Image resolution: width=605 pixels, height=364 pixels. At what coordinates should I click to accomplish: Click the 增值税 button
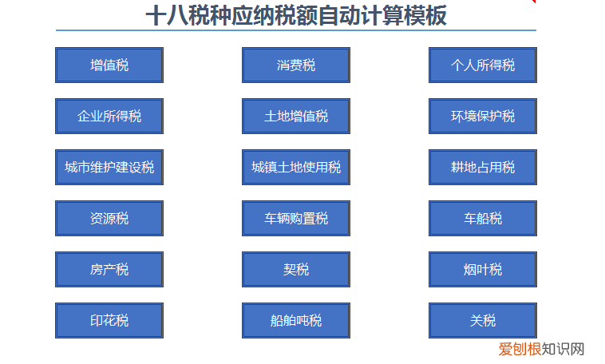(109, 65)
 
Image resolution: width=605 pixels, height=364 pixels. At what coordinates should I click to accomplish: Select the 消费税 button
(296, 65)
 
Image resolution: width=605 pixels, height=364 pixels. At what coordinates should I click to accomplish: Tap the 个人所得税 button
(483, 65)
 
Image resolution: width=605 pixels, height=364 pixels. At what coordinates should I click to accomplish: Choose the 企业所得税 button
(109, 116)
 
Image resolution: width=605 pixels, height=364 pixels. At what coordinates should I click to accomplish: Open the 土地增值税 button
(296, 116)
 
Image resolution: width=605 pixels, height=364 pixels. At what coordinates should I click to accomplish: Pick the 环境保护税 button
(483, 116)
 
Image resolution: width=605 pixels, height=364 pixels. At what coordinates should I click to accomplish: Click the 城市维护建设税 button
(109, 167)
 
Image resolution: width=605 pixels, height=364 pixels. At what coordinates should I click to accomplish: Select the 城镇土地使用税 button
(296, 167)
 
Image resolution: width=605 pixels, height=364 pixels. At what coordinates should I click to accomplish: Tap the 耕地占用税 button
(483, 167)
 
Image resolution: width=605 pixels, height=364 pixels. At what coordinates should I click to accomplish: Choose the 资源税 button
(109, 218)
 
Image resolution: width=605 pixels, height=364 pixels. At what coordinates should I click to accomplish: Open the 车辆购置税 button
(296, 218)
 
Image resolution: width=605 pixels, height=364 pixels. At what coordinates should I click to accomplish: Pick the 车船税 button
(483, 218)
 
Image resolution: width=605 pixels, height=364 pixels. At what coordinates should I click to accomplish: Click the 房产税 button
(109, 269)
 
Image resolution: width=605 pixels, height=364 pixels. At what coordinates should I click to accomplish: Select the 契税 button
(296, 269)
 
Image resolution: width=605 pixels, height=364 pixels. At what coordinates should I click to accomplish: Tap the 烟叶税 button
(483, 269)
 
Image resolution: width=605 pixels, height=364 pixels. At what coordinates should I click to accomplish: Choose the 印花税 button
(109, 320)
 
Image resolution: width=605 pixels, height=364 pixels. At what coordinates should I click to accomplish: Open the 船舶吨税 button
(296, 320)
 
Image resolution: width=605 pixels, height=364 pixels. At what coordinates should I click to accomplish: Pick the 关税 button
(483, 320)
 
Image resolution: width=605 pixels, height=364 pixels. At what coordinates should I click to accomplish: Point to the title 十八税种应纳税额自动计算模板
(296, 15)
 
